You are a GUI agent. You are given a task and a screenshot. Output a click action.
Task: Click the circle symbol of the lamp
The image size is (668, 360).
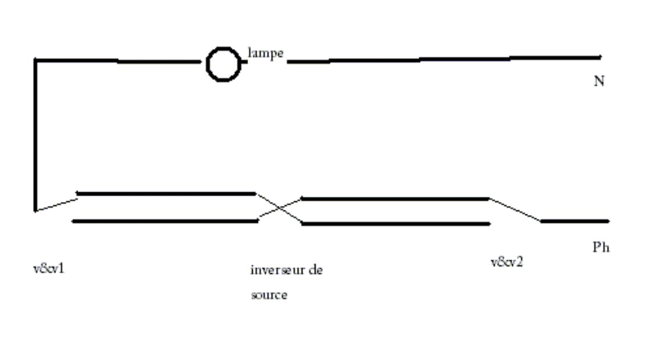pyautogui.click(x=222, y=64)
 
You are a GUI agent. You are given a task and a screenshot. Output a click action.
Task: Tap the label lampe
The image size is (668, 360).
pyautogui.click(x=265, y=54)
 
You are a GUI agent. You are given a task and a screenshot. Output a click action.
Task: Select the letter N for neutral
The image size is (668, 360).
pyautogui.click(x=599, y=81)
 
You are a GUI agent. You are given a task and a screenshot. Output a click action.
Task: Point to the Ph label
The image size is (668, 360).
pyautogui.click(x=601, y=248)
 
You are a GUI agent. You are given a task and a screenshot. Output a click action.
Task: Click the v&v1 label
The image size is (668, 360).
pyautogui.click(x=48, y=268)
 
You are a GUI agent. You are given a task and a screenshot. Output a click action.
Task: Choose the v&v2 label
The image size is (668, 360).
pyautogui.click(x=507, y=262)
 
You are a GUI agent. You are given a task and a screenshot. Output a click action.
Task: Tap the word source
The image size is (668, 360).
pyautogui.click(x=269, y=296)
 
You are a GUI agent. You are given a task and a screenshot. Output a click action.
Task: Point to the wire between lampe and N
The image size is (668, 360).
pyautogui.click(x=445, y=59)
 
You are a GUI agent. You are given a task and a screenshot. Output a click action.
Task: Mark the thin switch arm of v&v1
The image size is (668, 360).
pyautogui.click(x=56, y=203)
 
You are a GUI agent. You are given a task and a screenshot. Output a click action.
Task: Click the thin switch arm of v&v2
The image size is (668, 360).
pyautogui.click(x=515, y=209)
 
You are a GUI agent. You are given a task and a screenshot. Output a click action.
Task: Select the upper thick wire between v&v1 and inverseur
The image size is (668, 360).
pyautogui.click(x=165, y=193)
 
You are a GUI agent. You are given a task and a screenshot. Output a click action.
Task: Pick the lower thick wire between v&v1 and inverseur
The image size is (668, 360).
pyautogui.click(x=165, y=221)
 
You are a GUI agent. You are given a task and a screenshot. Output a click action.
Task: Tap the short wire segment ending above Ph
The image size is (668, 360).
pyautogui.click(x=575, y=221)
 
